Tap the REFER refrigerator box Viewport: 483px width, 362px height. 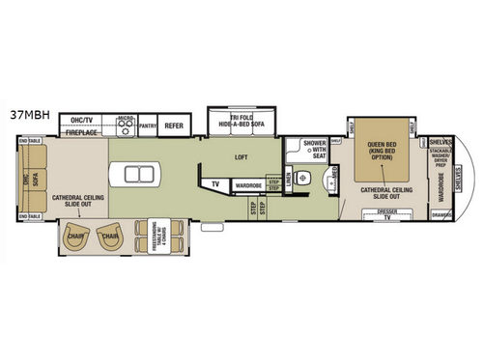174,124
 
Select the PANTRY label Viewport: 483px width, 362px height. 148,124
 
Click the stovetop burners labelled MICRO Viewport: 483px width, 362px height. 125,124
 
